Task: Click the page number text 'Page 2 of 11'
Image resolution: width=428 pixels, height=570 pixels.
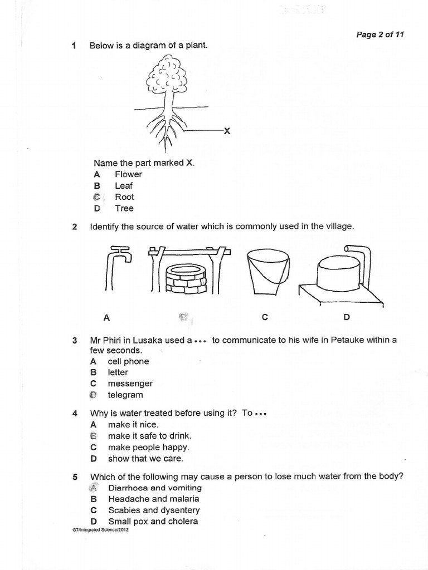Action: (380, 35)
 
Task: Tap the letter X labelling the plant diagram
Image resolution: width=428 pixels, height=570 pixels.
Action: (226, 131)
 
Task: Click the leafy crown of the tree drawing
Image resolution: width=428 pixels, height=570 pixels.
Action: (166, 77)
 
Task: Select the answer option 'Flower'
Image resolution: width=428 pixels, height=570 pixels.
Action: (128, 174)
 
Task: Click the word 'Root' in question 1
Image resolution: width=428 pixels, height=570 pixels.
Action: (124, 197)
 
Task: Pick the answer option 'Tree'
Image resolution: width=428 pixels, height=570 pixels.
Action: (124, 209)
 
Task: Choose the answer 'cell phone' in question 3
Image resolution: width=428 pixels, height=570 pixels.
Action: (128, 361)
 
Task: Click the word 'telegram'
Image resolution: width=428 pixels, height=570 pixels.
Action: (125, 395)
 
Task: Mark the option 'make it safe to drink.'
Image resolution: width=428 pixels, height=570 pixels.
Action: (145, 436)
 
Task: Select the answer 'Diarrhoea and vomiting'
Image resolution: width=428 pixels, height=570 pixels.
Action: (155, 488)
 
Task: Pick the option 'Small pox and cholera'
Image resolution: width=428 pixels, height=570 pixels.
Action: (153, 522)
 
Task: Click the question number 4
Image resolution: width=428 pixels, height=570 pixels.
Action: (75, 414)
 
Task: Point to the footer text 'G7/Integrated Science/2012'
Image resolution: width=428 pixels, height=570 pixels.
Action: (96, 530)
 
